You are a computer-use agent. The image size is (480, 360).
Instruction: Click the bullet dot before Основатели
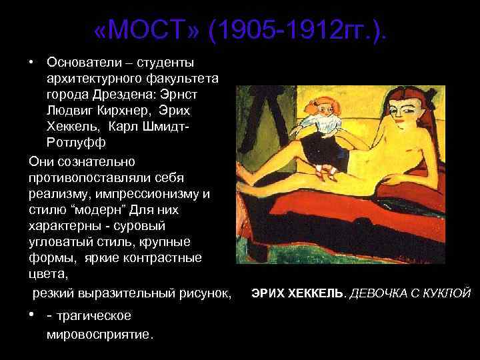pyautogui.click(x=32, y=62)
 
